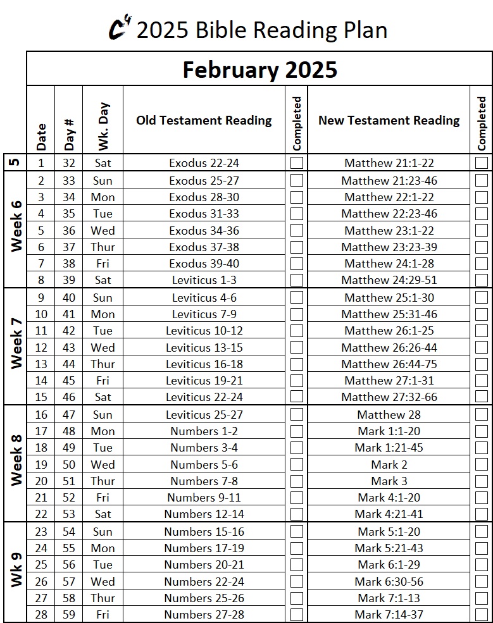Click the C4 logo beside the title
tap(120, 28)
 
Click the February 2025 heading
tap(259, 70)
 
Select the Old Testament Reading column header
tap(204, 120)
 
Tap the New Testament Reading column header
tap(389, 120)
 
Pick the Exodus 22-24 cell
tap(204, 163)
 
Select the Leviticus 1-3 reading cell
tap(204, 280)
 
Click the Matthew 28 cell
tap(389, 415)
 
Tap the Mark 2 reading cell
tap(389, 464)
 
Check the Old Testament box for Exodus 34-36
tap(296, 230)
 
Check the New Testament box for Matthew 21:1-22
tap(482, 163)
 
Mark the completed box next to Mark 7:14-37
tap(482, 614)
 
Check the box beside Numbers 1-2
tap(296, 431)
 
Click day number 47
tap(68, 415)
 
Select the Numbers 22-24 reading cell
tap(204, 581)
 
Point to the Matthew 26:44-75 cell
tap(389, 364)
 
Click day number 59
tap(68, 614)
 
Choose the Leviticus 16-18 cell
tap(204, 364)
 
